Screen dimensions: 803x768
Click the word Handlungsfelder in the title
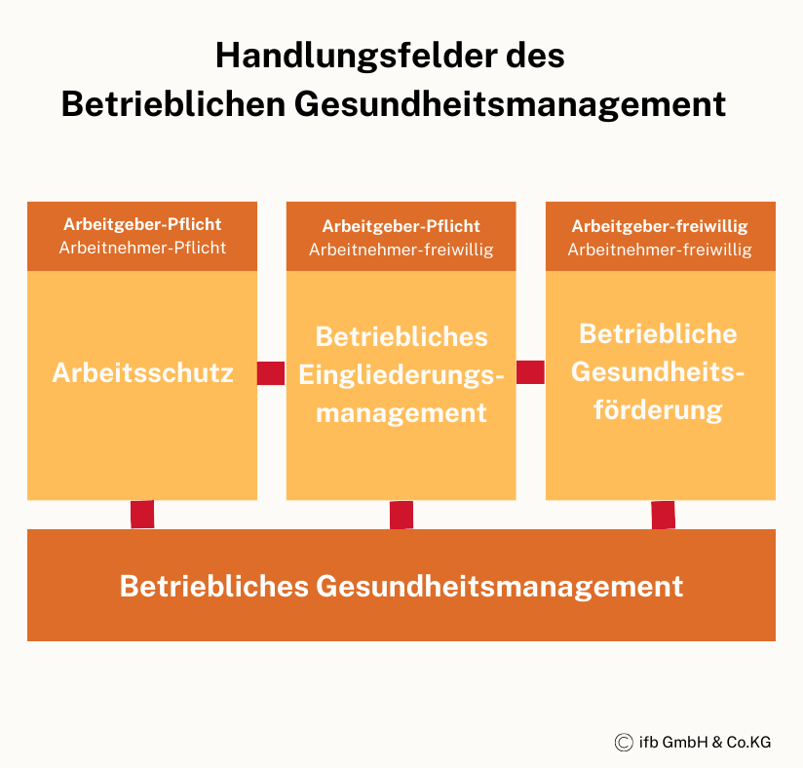point(356,56)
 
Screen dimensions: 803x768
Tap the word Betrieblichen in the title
point(173,104)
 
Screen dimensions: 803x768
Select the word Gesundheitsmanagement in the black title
point(510,105)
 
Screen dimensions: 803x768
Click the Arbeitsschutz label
point(142,373)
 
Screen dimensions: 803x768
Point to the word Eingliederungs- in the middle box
point(401,376)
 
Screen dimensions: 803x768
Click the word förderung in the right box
point(658,411)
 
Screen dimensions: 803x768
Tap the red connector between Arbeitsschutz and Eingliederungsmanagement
point(271,373)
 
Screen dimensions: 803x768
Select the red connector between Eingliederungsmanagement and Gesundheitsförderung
point(530,372)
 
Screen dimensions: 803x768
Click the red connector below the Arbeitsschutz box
point(142,515)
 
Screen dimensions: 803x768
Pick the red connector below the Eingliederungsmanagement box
point(401,515)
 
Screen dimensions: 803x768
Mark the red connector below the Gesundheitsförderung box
point(664,515)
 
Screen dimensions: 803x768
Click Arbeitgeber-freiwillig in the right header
point(660,226)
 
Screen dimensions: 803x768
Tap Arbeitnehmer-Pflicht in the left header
point(142,248)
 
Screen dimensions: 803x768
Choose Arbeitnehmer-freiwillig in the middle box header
point(401,250)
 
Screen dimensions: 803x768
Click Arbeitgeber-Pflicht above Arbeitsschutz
point(142,224)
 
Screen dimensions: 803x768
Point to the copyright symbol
point(624,742)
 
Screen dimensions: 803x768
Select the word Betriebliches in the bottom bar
point(214,586)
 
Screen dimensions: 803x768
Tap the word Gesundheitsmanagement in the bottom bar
point(499,587)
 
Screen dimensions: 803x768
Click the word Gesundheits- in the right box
point(658,372)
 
